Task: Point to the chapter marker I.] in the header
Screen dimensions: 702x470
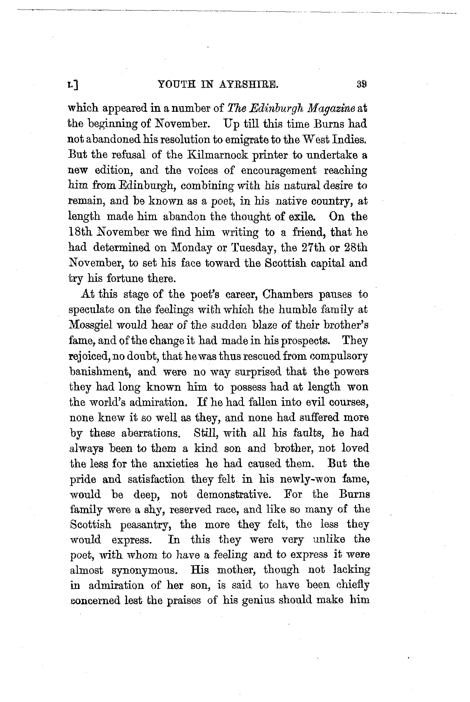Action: [74, 85]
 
